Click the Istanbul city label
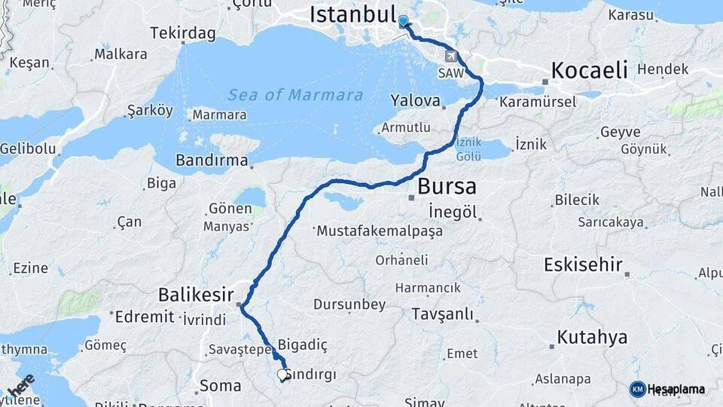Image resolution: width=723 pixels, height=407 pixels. pos(352,15)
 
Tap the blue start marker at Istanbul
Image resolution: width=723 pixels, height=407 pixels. pos(404,22)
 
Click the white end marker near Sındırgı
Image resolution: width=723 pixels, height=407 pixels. pos(282,374)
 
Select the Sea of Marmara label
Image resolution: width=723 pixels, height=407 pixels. pos(295,96)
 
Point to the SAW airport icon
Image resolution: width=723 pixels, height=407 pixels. pos(450,56)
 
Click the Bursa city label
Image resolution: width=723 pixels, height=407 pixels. pos(447,185)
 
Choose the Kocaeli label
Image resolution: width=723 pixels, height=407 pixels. pos(589,71)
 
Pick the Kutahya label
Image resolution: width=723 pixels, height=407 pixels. pos(592,336)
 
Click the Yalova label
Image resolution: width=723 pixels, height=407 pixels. pos(415,100)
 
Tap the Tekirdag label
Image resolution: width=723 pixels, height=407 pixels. pos(183,33)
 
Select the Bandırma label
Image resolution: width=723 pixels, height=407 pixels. pos(212,161)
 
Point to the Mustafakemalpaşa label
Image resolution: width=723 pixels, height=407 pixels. pos(380,231)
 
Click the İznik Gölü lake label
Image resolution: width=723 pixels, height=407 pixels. pos(469,150)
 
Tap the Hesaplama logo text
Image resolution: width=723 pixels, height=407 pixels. pos(677,389)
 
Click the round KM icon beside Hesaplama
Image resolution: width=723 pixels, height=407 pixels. pos(637,389)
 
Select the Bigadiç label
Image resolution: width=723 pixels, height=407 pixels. pos(303,344)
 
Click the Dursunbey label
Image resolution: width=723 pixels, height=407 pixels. pos(350,304)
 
